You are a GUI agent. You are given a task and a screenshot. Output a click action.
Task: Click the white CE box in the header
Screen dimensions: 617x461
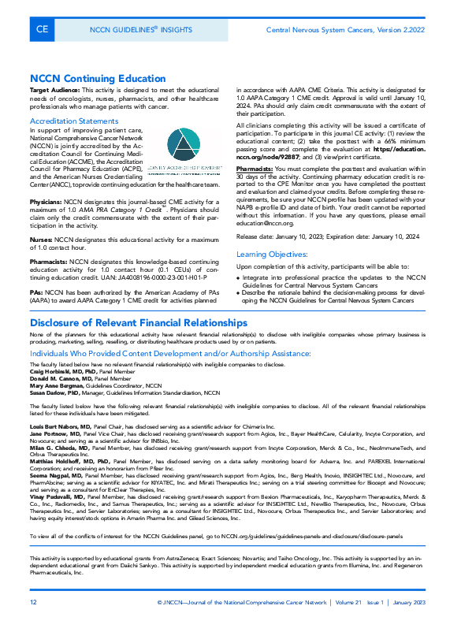click(41, 29)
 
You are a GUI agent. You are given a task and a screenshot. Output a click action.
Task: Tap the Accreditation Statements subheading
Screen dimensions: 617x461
click(74, 121)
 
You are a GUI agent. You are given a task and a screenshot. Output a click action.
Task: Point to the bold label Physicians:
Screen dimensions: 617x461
click(46, 203)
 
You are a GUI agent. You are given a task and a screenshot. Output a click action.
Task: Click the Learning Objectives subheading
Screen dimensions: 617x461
click(273, 254)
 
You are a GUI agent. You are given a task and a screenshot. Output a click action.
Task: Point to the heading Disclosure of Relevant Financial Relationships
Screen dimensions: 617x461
click(139, 322)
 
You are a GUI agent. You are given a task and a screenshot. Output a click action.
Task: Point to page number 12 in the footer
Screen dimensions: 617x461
click(33, 602)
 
